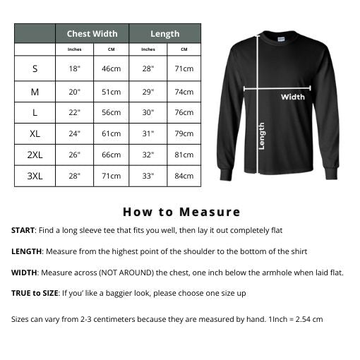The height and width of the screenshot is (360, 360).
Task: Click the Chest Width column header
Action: [92, 34]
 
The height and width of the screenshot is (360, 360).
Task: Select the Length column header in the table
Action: [164, 34]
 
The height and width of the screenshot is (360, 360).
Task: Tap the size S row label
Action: [35, 69]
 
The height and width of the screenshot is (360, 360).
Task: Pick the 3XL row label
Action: [35, 176]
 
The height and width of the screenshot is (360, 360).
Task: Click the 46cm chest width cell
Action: [111, 69]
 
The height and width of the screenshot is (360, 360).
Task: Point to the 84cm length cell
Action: [184, 176]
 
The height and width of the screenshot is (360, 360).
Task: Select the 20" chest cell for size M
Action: [75, 91]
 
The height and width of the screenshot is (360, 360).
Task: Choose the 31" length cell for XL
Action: [148, 133]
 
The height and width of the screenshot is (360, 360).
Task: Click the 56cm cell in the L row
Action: [111, 112]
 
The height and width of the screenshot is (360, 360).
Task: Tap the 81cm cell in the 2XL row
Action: [184, 155]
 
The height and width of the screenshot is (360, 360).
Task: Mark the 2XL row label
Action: [35, 155]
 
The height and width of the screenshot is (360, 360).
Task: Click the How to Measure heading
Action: [181, 212]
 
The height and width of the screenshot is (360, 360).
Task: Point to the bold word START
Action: [23, 231]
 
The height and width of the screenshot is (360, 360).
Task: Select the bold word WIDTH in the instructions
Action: [25, 272]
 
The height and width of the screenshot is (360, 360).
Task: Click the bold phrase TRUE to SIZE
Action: [35, 293]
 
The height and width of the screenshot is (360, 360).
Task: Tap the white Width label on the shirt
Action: [293, 97]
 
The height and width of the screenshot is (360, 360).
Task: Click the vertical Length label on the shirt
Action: [262, 136]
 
